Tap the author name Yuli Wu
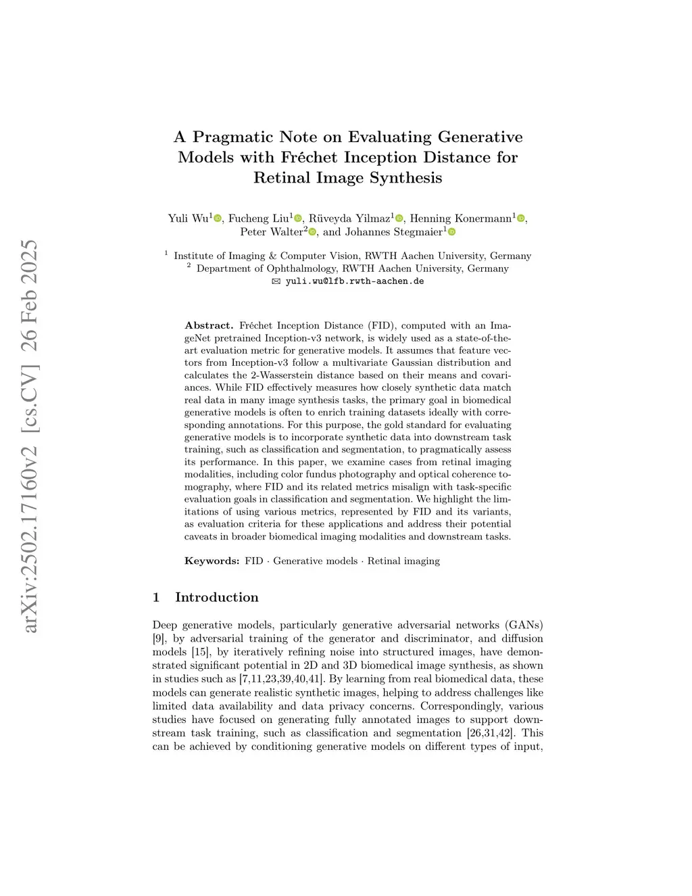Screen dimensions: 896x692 [x=188, y=218]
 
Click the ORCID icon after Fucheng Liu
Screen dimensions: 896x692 [x=298, y=218]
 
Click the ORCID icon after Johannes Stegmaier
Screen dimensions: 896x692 [x=452, y=232]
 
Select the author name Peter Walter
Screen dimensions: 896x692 [x=271, y=232]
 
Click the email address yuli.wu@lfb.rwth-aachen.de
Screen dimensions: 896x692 [x=355, y=281]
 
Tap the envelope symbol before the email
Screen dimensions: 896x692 [x=276, y=281]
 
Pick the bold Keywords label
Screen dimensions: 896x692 [x=212, y=561]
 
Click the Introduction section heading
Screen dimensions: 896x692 [x=216, y=597]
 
